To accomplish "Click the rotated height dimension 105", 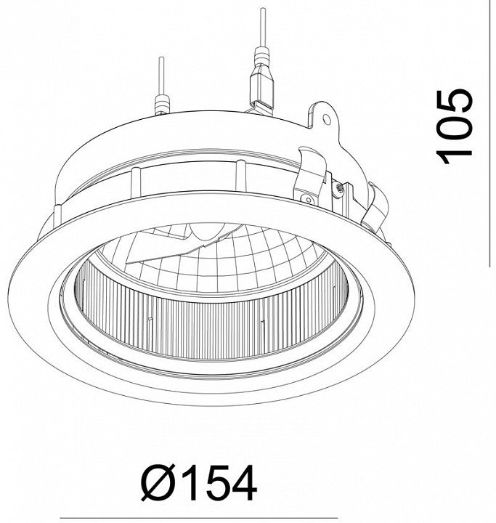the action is point(454,126).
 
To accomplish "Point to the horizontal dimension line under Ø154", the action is point(199,519).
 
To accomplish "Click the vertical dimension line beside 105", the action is point(489,134).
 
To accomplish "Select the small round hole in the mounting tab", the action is point(328,119).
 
